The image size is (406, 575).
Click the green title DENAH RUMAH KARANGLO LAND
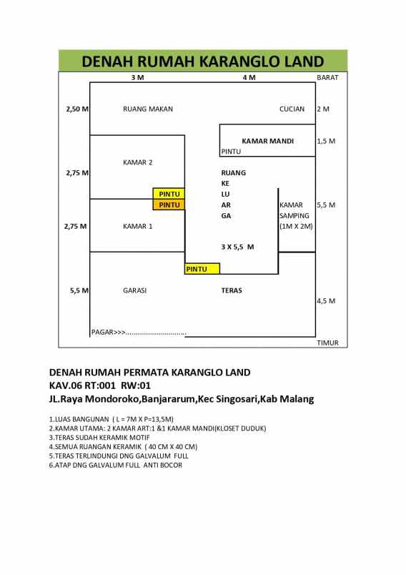[203, 61]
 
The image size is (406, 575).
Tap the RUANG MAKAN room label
[148, 109]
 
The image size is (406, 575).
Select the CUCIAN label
[292, 109]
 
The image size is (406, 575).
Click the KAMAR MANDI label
[267, 141]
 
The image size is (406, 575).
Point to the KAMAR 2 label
[138, 162]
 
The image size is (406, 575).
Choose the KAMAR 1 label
[138, 226]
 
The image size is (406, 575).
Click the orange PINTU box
[169, 205]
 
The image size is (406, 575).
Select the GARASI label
[135, 290]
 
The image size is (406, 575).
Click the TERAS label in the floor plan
[232, 290]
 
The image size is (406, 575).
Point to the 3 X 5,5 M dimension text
[237, 247]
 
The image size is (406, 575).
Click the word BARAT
[327, 77]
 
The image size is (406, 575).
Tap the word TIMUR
[327, 343]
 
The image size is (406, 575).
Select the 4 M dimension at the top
[249, 77]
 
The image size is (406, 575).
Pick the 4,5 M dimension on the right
[326, 301]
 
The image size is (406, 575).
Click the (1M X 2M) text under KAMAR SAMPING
[296, 226]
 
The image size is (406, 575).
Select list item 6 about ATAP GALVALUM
[116, 465]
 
